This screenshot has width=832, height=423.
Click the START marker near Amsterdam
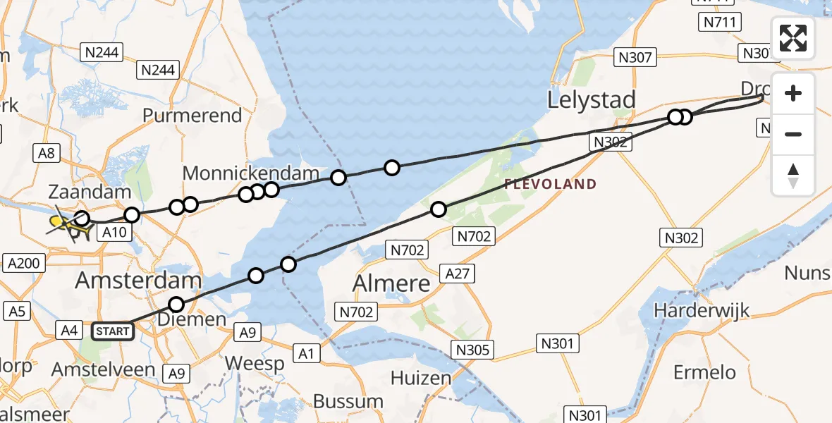pos(113,331)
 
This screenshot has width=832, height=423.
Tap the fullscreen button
pos(793,38)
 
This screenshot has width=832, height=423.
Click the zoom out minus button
pos(793,134)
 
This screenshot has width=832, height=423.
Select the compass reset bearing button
pos(793,176)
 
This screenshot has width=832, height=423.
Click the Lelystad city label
pos(592,100)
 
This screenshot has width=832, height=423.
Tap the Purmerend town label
pos(192,115)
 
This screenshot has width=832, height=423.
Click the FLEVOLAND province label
pos(551,185)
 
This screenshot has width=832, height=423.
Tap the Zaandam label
pos(81,192)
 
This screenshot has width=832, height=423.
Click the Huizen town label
pos(421,379)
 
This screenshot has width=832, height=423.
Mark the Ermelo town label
pos(704,372)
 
